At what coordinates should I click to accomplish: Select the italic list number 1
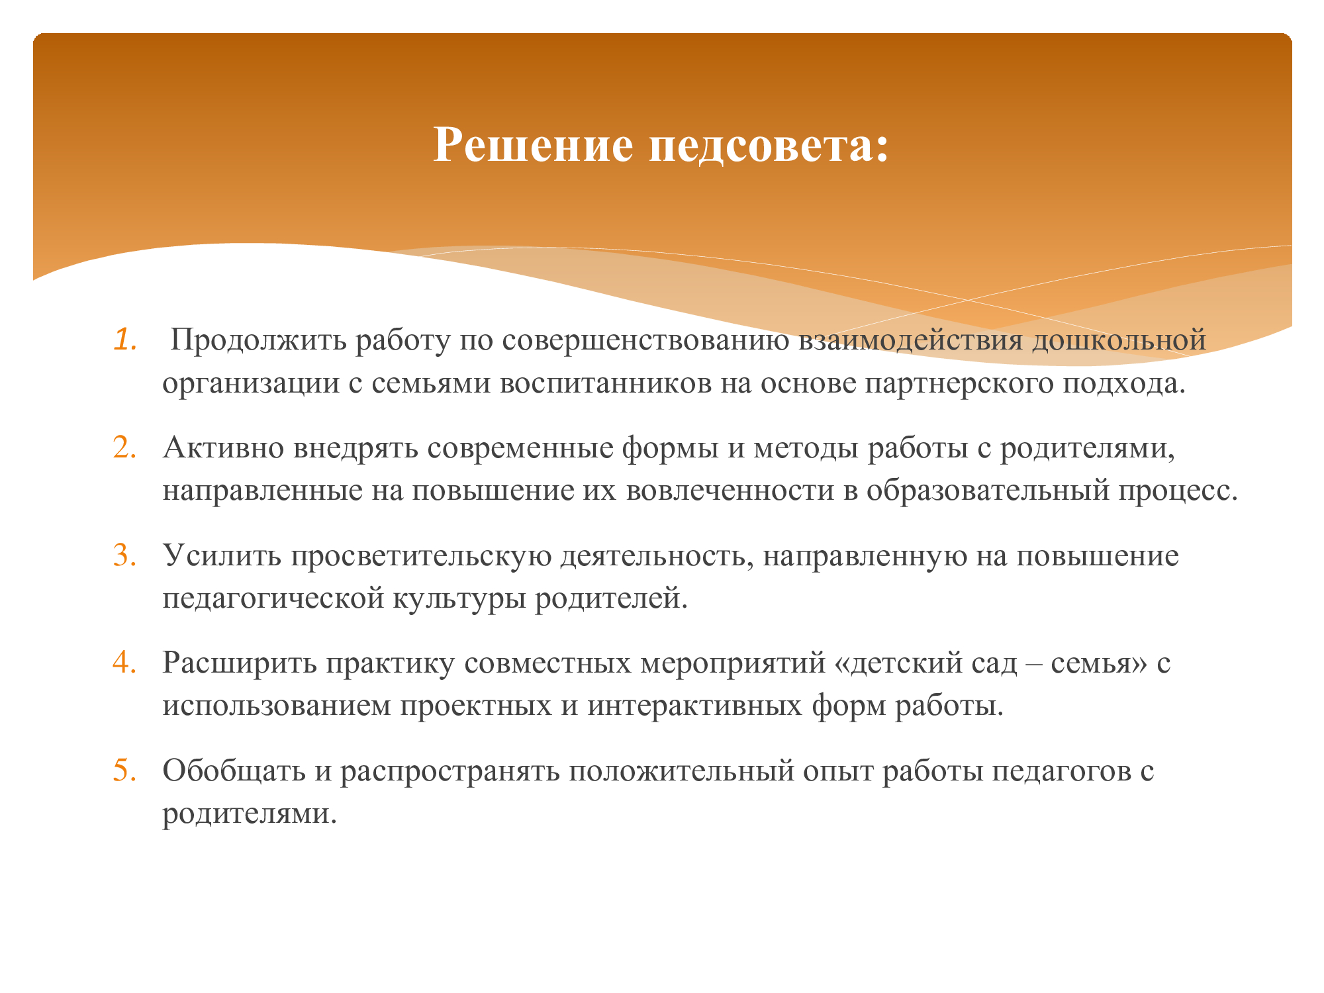124,339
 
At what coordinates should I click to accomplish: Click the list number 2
124,448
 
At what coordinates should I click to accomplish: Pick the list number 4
124,663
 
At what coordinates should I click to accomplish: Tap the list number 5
124,771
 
